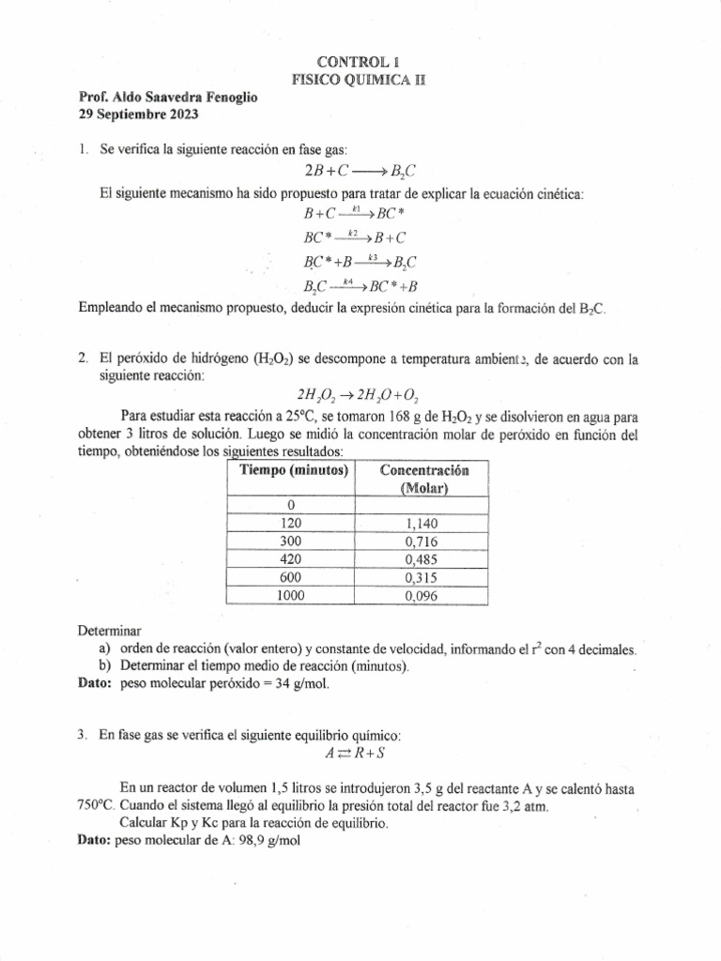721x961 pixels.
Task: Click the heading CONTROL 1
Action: (359, 62)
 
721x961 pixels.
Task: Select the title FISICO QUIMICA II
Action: (359, 81)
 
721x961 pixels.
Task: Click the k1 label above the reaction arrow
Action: (356, 207)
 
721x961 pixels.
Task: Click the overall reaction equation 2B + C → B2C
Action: (360, 171)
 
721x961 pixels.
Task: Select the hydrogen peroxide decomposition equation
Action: (360, 395)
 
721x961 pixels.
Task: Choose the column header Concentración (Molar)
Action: (423, 479)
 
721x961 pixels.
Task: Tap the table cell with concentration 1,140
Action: (422, 525)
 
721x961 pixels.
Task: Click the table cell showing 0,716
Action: (422, 542)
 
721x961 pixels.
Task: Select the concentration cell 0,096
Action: (422, 596)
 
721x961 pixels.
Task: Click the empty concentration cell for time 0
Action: (422, 507)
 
